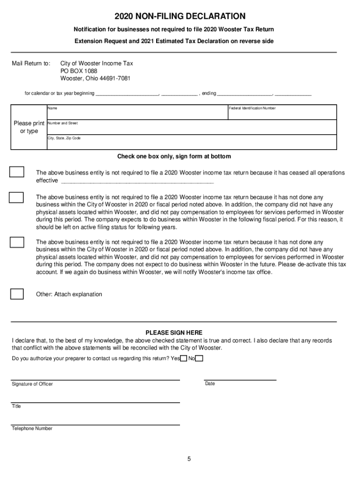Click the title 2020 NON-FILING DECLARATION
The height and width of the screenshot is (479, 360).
(x=180, y=16)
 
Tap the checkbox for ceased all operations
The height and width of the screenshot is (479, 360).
(x=17, y=172)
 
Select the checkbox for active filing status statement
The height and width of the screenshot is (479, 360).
(x=17, y=197)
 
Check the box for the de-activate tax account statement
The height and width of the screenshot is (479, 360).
(x=17, y=242)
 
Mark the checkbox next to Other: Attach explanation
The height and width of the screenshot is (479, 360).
(x=17, y=294)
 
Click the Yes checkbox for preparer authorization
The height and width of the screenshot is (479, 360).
(x=183, y=359)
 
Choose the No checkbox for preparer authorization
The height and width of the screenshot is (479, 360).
(x=199, y=359)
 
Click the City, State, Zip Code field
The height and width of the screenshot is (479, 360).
(x=191, y=143)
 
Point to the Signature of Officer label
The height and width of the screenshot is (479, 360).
(x=32, y=384)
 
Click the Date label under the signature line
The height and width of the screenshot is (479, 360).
(x=210, y=384)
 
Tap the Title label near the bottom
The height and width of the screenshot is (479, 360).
(x=16, y=406)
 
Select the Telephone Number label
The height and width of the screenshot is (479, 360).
(x=32, y=428)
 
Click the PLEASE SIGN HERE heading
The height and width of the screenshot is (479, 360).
(x=174, y=333)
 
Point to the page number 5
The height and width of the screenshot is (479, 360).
(x=189, y=459)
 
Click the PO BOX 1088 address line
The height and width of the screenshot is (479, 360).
(x=79, y=71)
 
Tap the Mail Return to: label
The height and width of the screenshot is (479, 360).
(x=31, y=63)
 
